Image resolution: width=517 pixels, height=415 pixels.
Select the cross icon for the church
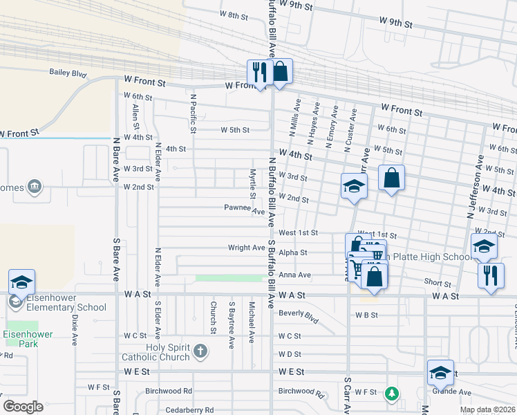pos(200,351)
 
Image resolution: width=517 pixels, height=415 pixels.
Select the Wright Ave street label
pos(247,247)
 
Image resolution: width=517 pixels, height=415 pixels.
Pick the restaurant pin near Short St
pos(491,275)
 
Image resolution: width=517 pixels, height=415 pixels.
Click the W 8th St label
pos(234,15)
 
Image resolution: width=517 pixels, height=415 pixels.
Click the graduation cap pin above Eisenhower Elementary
pos(21,282)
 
